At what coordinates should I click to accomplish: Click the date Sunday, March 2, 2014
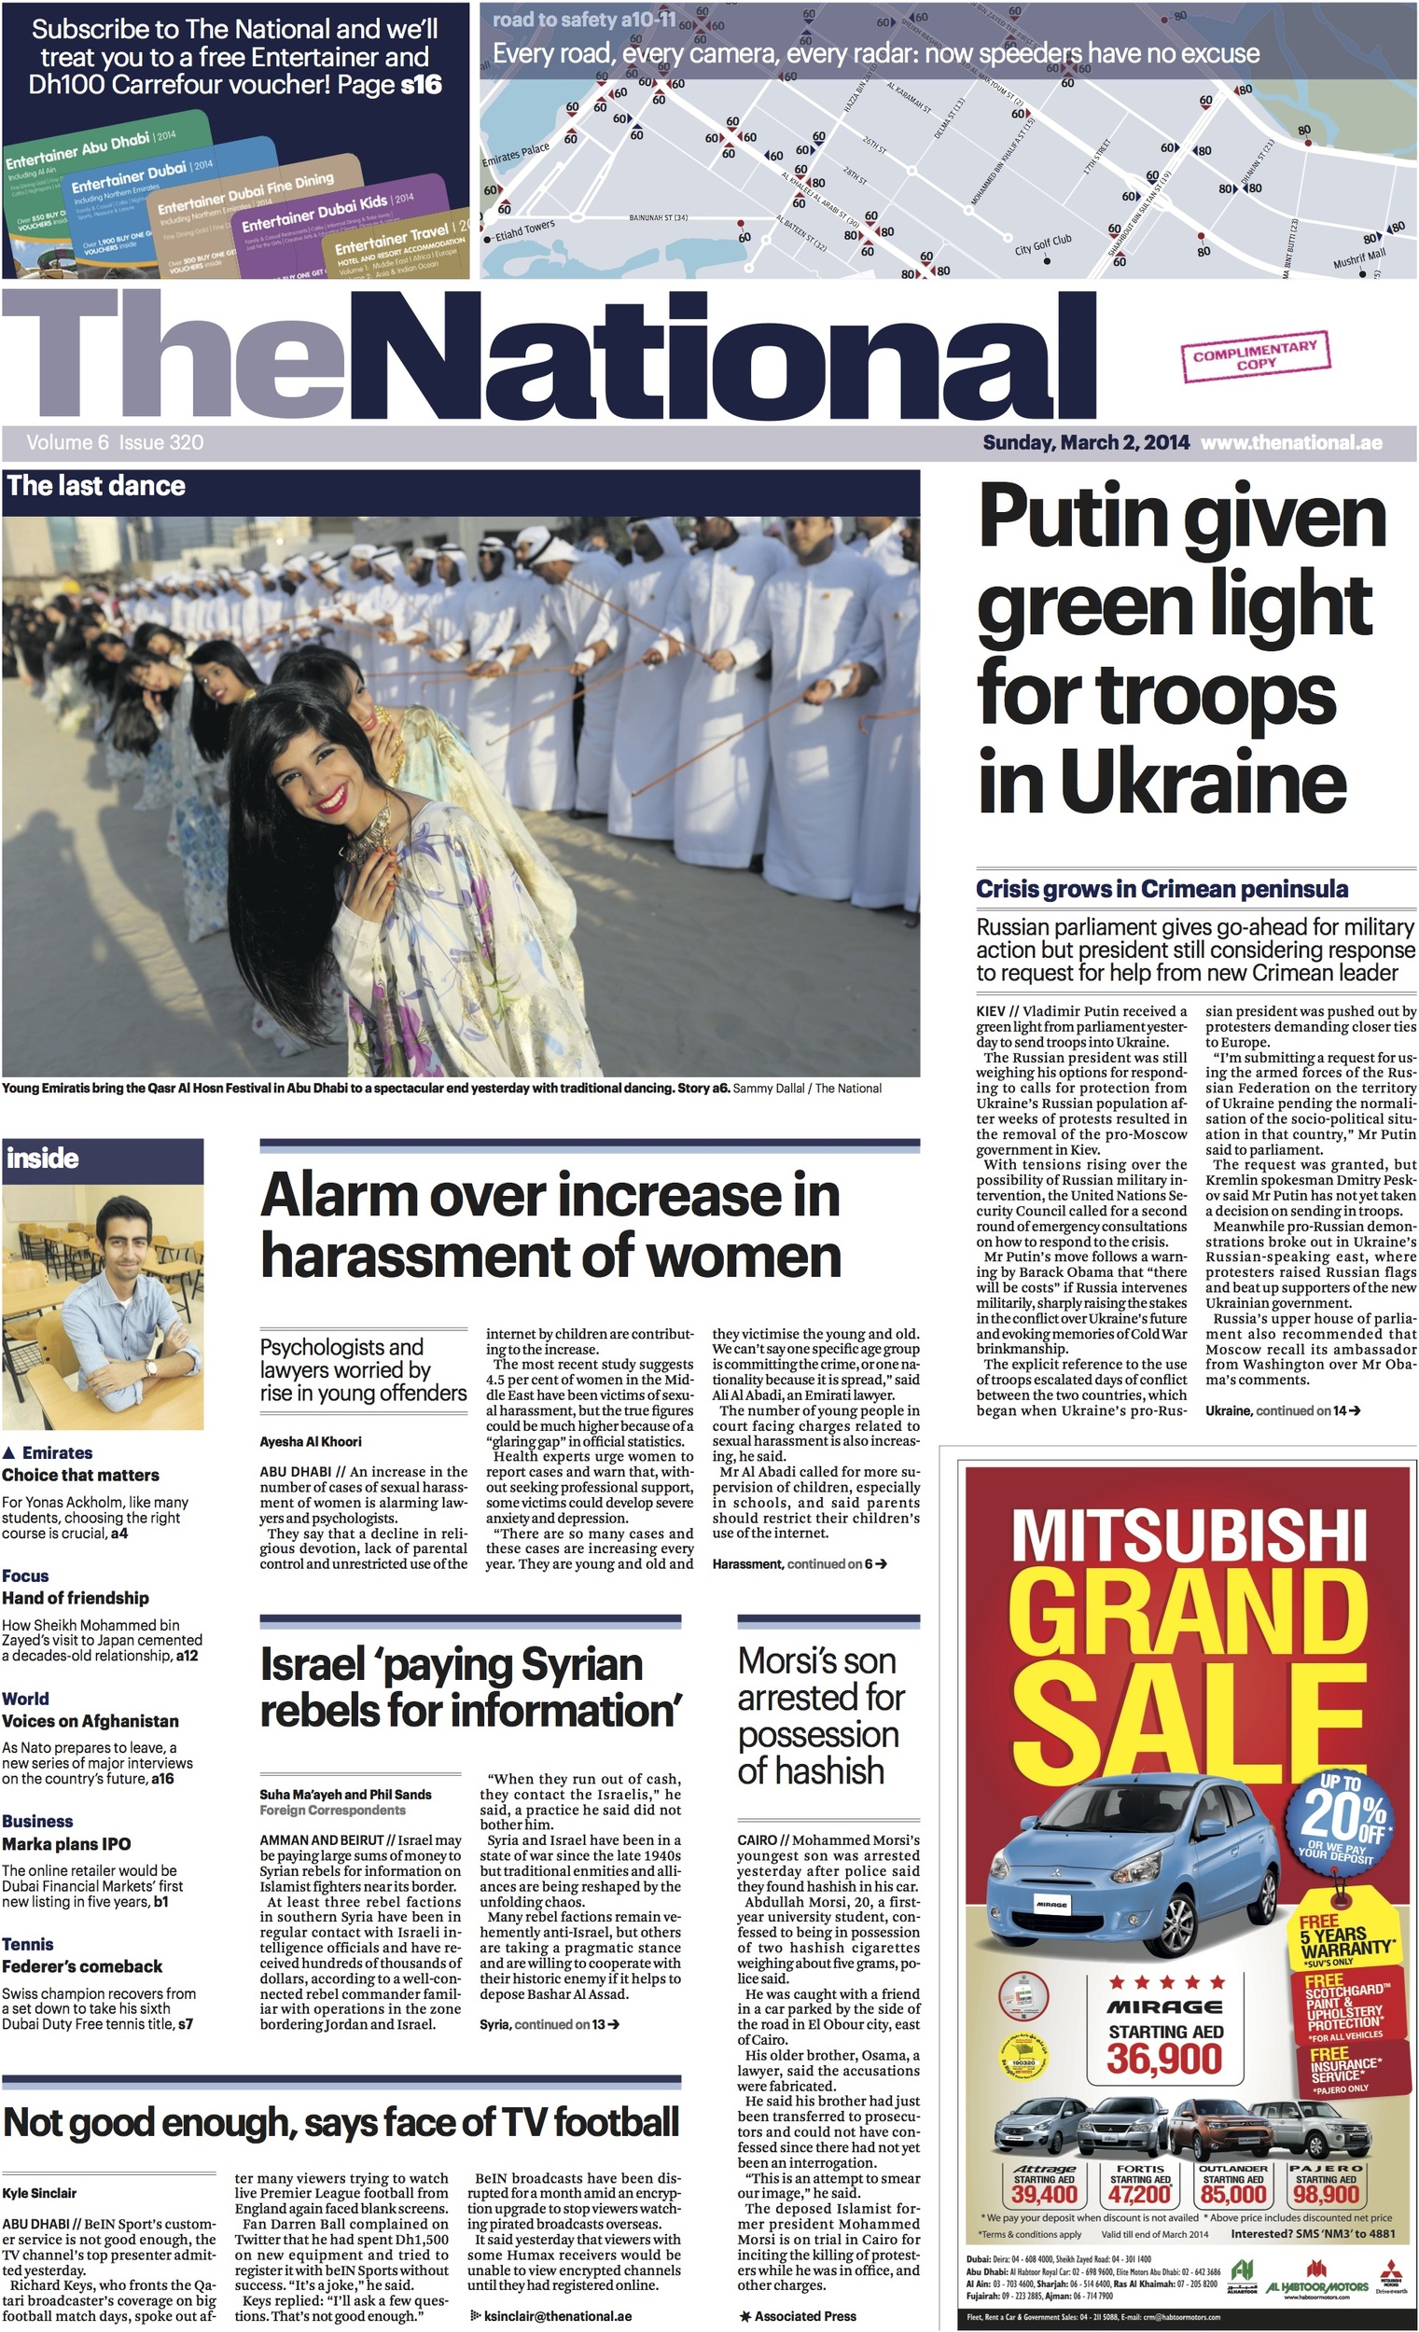point(1086,442)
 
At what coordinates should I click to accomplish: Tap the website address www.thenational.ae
point(1291,442)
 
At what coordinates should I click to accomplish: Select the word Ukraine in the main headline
point(1202,782)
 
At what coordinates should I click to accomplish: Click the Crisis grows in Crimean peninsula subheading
point(1162,889)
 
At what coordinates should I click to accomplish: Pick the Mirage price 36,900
point(1163,2059)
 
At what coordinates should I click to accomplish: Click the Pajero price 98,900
point(1326,2194)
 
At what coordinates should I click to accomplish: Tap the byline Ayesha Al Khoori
point(311,1441)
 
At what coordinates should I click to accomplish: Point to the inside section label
point(43,1158)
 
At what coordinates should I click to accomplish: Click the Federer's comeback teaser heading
point(81,1965)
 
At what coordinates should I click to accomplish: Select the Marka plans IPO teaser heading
point(66,1842)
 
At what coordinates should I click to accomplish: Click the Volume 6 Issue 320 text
point(115,442)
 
